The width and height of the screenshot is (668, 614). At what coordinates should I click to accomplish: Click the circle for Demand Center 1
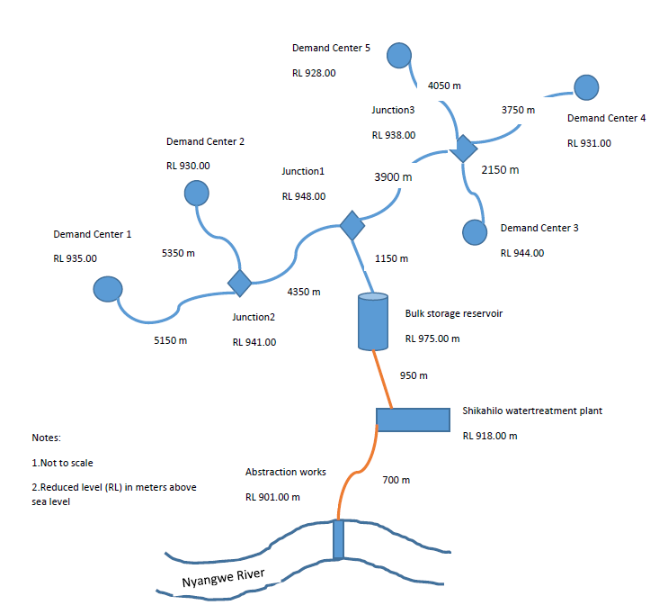coord(108,289)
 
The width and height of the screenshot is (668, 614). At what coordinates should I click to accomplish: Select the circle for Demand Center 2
coord(196,193)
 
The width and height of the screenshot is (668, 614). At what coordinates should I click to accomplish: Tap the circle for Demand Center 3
coord(475,231)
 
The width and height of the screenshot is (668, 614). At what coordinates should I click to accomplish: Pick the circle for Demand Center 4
coord(586,87)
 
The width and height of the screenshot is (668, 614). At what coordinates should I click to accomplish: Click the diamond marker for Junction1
coord(350,225)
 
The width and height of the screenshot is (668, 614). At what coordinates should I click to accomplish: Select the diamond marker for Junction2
coord(239,282)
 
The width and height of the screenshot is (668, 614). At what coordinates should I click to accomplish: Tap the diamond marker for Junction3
coord(463,148)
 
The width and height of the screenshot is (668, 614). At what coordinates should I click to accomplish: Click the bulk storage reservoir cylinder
coord(372,321)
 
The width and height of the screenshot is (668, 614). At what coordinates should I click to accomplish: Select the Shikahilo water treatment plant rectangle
coord(413,420)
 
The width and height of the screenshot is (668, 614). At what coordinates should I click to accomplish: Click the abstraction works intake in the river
coord(338,539)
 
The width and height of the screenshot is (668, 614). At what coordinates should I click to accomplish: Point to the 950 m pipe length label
coord(414,375)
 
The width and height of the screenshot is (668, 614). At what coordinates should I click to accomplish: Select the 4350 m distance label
coord(304,292)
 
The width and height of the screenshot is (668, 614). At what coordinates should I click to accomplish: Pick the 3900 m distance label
coord(393,177)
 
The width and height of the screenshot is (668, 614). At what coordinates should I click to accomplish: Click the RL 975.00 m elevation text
coord(432,339)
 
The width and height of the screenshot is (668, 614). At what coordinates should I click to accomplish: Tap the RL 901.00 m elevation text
coord(272,496)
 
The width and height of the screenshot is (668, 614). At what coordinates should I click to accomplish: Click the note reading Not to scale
coord(62,463)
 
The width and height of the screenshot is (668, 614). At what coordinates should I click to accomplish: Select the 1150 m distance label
coord(391,258)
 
